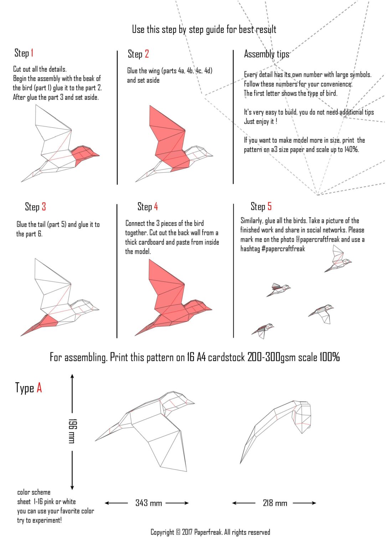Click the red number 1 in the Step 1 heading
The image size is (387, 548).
32,53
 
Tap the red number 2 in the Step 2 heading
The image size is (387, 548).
146,54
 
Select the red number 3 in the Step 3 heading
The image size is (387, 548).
43,207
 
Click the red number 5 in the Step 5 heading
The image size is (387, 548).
269,207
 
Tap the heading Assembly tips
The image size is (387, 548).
267,54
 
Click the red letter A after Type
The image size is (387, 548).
39,388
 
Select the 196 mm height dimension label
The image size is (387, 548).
72,431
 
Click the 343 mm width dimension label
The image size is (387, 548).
149,503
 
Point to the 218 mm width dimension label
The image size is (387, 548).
275,503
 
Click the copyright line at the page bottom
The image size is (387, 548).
210,532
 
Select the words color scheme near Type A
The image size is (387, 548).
34,492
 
